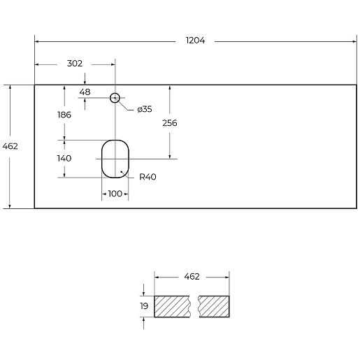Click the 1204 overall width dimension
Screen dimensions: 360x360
[x=195, y=41]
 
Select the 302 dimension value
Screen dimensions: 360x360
[x=75, y=64]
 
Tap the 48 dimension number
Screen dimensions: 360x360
[x=85, y=92]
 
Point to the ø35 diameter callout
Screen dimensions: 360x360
[x=145, y=109]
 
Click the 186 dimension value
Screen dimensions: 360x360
[x=64, y=115]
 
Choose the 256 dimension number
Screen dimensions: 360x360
[x=170, y=123]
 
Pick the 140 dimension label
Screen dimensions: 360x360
[x=64, y=159]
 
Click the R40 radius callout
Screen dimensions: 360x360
[x=147, y=177]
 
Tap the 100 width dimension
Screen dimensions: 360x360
[x=115, y=194]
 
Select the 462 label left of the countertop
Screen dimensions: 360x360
[x=10, y=146]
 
